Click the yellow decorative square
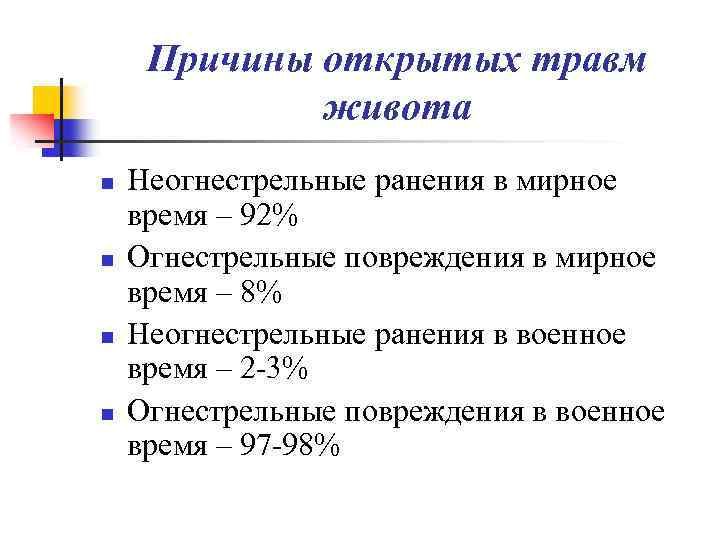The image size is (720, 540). pyautogui.click(x=49, y=101)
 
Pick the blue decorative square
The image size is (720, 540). pyautogui.click(x=73, y=133)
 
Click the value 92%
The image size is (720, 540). pyautogui.click(x=265, y=215)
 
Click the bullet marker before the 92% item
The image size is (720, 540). pyautogui.click(x=105, y=184)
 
